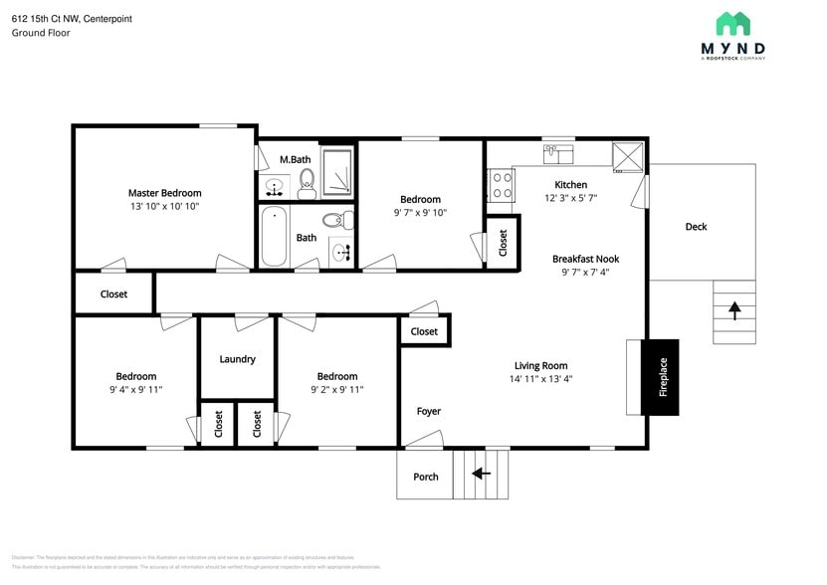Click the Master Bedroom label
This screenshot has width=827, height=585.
click(x=164, y=193)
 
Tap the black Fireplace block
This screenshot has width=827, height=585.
click(x=660, y=378)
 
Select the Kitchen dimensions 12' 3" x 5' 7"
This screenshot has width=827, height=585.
click(x=570, y=198)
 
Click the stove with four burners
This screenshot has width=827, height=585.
click(x=501, y=185)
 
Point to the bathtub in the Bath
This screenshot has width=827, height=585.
click(x=274, y=235)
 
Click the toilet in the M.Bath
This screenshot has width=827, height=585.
click(x=308, y=179)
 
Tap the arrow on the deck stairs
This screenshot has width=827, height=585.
click(x=734, y=309)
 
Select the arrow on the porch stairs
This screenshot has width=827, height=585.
click(x=482, y=474)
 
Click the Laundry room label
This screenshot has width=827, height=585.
click(x=237, y=359)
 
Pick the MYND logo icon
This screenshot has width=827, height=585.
click(x=733, y=24)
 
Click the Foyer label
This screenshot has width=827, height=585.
click(x=428, y=411)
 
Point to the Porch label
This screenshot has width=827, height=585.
click(x=426, y=477)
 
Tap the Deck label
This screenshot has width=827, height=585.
click(x=696, y=227)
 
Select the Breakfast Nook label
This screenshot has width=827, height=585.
click(x=586, y=259)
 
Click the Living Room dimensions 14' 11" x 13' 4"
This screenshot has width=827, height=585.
click(x=540, y=378)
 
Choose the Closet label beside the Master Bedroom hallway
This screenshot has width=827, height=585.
click(x=113, y=294)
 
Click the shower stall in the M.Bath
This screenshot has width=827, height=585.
click(x=337, y=172)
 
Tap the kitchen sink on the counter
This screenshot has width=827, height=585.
click(x=558, y=153)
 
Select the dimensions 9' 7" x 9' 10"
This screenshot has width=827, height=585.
click(x=420, y=212)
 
